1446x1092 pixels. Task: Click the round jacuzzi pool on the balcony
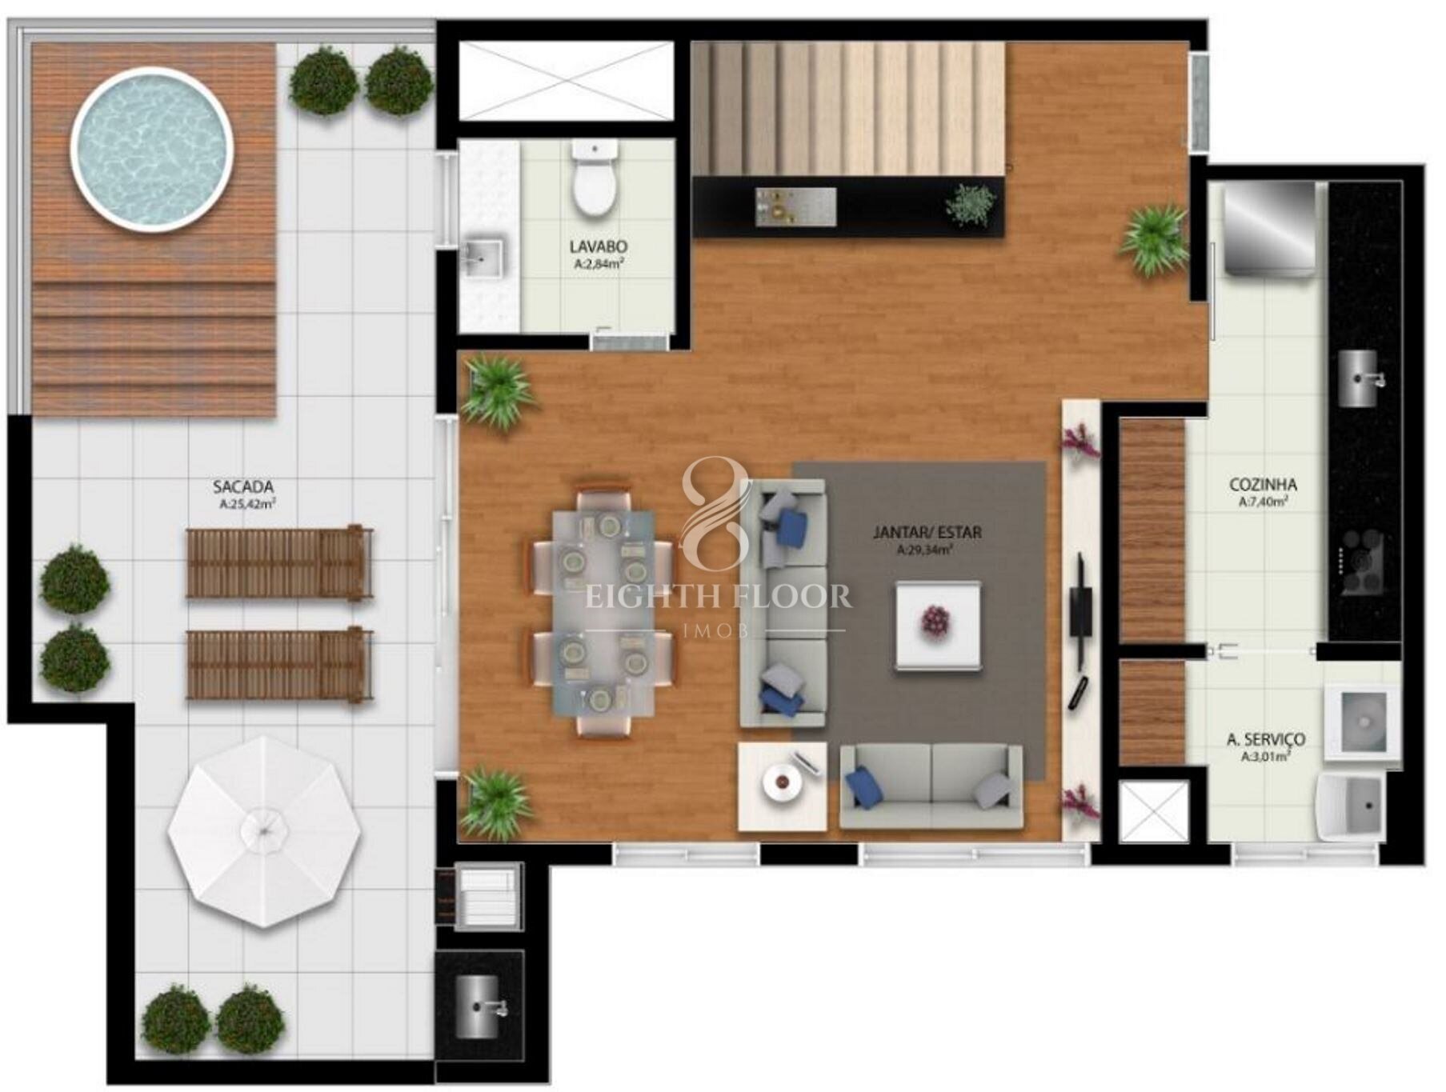[152, 149]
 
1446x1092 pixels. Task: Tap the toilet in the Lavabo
[594, 178]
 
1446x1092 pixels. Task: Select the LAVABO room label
[598, 246]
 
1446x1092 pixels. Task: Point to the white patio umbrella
[264, 832]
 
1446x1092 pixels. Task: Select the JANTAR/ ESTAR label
[927, 532]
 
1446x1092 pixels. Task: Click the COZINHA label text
[1263, 485]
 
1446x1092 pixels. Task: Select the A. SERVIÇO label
[1266, 740]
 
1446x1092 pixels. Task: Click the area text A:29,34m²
[925, 550]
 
